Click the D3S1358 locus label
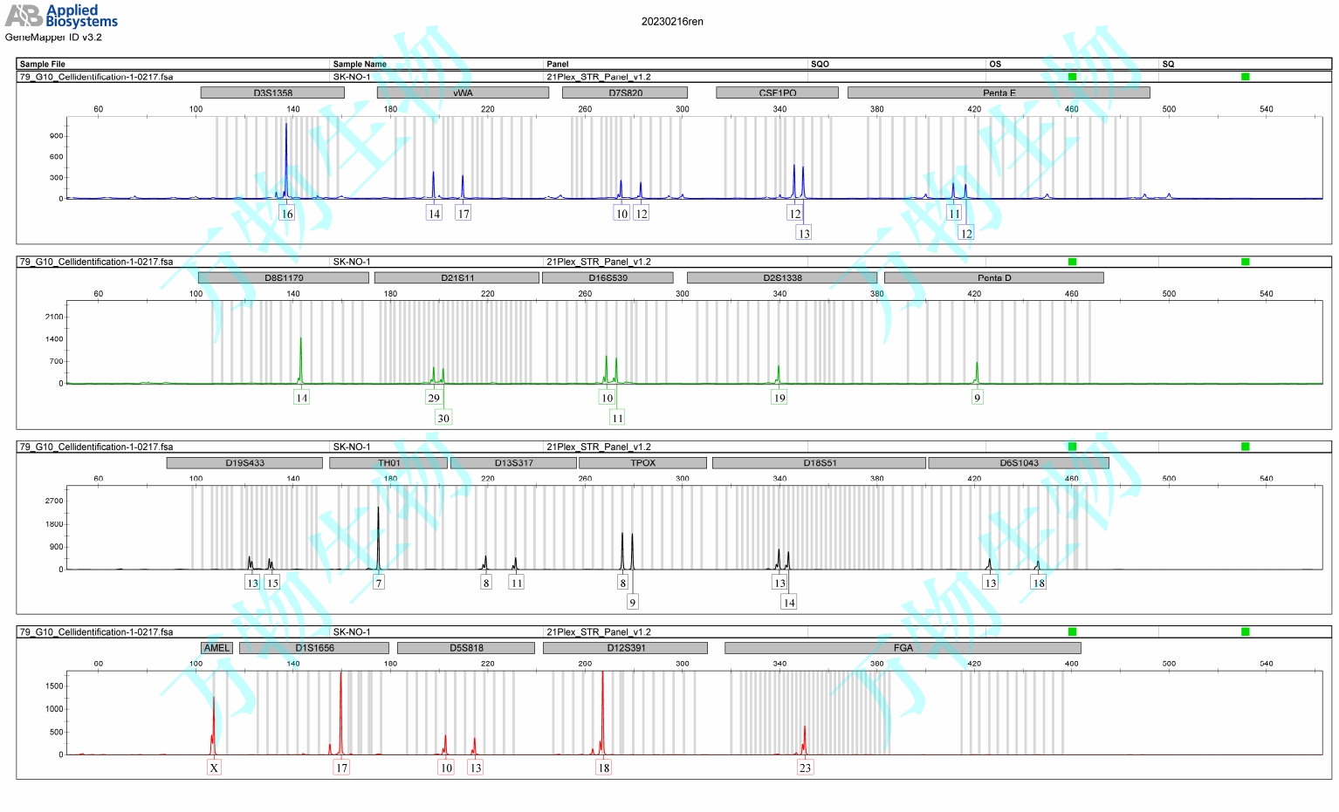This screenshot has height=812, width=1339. pyautogui.click(x=272, y=92)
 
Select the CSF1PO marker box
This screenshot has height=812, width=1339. pyautogui.click(x=777, y=92)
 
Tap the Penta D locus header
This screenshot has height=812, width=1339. pyautogui.click(x=993, y=277)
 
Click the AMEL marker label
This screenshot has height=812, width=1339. pyautogui.click(x=216, y=648)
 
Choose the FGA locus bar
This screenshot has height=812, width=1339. pyautogui.click(x=903, y=648)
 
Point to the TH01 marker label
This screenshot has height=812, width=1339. pyautogui.click(x=388, y=463)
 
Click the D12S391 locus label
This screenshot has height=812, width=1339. pyautogui.click(x=625, y=648)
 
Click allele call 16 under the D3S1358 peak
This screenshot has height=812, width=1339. pyautogui.click(x=287, y=214)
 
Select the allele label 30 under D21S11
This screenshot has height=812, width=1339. pyautogui.click(x=443, y=418)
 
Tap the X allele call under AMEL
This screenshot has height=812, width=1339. pyautogui.click(x=214, y=768)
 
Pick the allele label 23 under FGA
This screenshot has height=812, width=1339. pyautogui.click(x=805, y=768)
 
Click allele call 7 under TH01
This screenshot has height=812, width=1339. pyautogui.click(x=378, y=583)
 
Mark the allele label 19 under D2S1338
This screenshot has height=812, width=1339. pyautogui.click(x=779, y=398)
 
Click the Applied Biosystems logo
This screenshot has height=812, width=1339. pyautogui.click(x=61, y=15)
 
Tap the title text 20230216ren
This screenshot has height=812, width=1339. pyautogui.click(x=672, y=22)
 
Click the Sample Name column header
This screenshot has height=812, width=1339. pyautogui.click(x=360, y=64)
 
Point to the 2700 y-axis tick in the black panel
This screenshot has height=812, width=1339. pyautogui.click(x=54, y=502)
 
